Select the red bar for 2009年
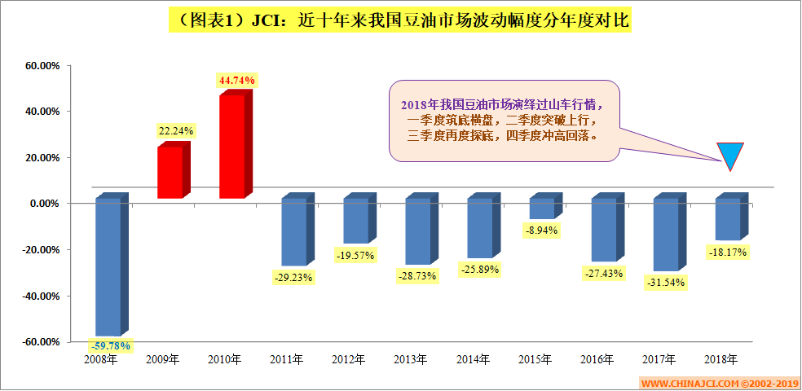170,172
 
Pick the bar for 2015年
541,209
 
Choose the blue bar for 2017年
665,235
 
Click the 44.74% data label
236,80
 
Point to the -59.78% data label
110,345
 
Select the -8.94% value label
540,231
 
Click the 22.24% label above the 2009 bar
176,130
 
